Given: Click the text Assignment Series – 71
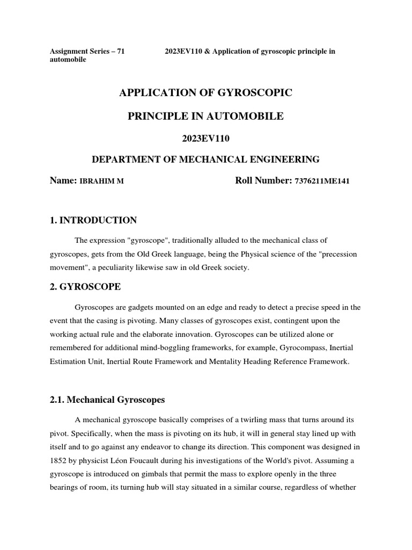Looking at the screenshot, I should (x=87, y=51).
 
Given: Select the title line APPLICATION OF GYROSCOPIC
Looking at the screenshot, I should (x=205, y=93).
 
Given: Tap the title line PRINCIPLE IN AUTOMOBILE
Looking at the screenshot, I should (x=205, y=116).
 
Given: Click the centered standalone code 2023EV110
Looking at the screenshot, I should (x=205, y=139).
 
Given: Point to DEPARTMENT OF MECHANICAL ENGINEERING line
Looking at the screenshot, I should (x=205, y=160).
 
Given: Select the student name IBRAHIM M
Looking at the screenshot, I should (x=101, y=182).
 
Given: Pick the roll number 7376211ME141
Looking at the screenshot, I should (x=322, y=182).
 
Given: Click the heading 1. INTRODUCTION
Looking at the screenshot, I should (x=93, y=220).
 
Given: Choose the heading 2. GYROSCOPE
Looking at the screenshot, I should (x=85, y=287).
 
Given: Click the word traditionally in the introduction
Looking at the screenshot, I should (x=200, y=240).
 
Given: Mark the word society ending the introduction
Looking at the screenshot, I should (x=236, y=267).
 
